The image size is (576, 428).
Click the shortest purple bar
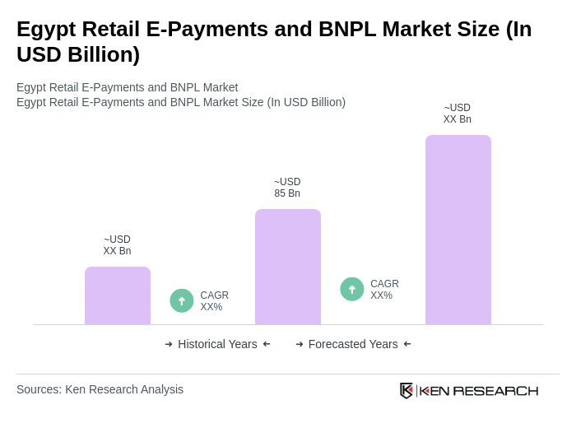118,295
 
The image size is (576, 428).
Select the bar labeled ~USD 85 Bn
288,267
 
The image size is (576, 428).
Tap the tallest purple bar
458,230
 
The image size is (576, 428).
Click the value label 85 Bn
287,193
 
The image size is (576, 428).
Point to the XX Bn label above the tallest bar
458,119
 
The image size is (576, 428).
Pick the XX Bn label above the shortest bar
117,251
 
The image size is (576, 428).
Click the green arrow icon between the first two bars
182,300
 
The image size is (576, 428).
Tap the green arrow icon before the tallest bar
352,289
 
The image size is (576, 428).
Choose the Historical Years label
217,344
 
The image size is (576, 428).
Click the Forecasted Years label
353,344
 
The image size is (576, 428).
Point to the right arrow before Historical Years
169,344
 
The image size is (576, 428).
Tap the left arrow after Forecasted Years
407,344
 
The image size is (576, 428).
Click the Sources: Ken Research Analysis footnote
100,389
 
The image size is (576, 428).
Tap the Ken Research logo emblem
406,390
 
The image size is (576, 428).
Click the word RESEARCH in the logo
495,390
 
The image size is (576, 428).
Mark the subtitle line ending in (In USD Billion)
181,102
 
